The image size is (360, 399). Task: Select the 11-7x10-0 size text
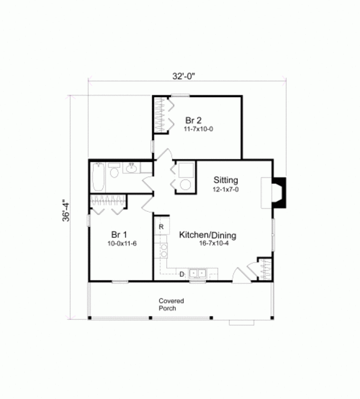(x=199, y=129)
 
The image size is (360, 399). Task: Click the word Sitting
(x=226, y=180)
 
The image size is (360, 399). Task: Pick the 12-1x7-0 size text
(x=226, y=190)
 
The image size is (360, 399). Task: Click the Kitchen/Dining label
(x=208, y=235)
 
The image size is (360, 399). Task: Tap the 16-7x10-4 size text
(x=207, y=244)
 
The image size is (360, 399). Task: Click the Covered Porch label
(x=171, y=304)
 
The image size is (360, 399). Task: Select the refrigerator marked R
(x=161, y=227)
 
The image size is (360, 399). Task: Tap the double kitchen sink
(x=198, y=274)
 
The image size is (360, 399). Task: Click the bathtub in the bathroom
(x=99, y=176)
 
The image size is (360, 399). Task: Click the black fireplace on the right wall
(x=279, y=193)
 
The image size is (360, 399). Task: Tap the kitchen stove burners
(x=163, y=250)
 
